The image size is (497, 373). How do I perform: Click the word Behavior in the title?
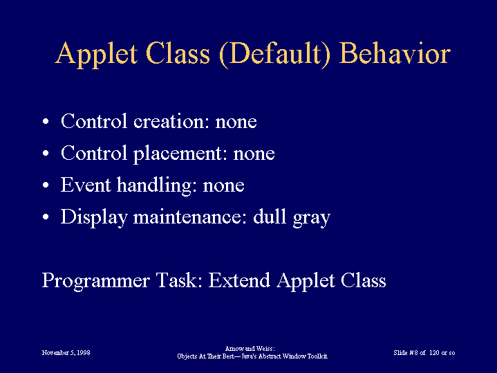tap(395, 53)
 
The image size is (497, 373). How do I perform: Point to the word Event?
tap(86, 185)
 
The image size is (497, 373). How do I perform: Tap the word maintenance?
tap(190, 217)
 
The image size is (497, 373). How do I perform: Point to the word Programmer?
tap(95, 282)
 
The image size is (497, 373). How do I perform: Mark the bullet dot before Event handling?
tap(46, 185)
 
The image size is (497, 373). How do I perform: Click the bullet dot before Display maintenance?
tap(46, 217)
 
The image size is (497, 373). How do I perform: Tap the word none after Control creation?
tap(236, 122)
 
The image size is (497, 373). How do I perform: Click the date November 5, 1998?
tap(66, 353)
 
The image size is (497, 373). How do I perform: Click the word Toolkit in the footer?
tap(317, 356)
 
